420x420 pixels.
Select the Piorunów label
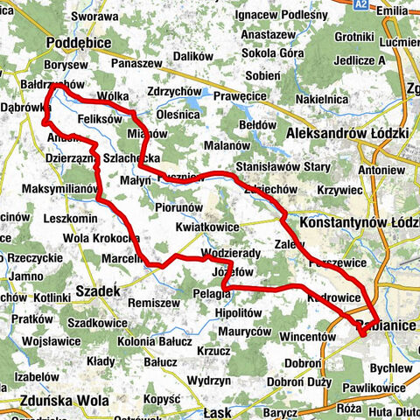tap(178, 207)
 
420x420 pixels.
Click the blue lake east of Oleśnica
tap(206, 94)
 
